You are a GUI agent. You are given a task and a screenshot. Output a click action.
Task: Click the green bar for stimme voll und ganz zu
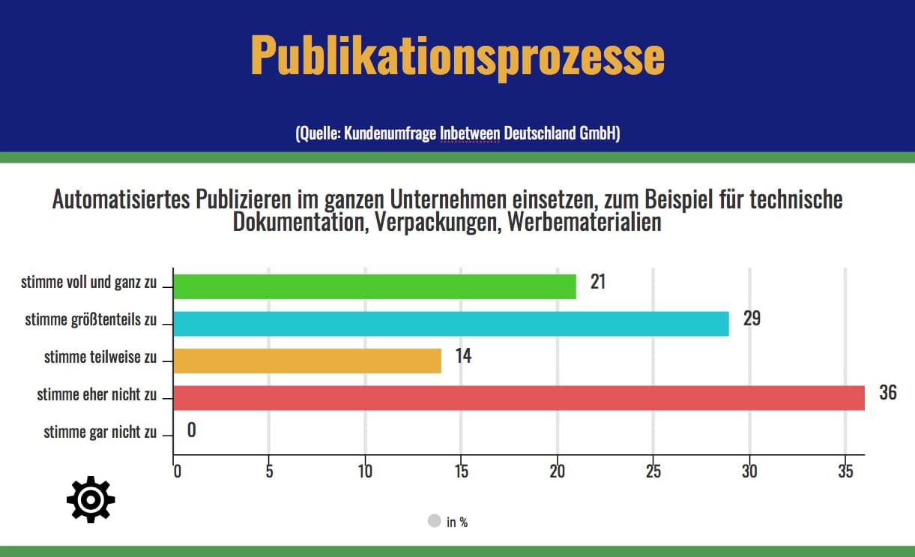[375, 286]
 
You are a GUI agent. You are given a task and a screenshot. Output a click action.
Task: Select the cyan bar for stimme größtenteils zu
[450, 323]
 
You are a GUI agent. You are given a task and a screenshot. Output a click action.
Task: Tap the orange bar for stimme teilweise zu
[307, 361]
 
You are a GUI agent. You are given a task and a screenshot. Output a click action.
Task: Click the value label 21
[597, 282]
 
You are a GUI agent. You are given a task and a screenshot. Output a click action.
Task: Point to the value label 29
[752, 319]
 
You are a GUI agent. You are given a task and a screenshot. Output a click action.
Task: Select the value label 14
[463, 355]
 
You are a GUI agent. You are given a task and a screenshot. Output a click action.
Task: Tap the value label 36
[887, 392]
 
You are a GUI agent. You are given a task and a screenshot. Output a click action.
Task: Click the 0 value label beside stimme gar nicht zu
[191, 430]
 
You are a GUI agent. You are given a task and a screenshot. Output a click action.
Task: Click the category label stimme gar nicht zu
[100, 432]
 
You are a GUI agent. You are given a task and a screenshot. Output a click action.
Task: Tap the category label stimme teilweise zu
[100, 357]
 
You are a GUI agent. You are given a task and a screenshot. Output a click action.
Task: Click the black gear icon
[91, 499]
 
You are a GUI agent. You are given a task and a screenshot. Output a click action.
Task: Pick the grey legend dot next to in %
[434, 520]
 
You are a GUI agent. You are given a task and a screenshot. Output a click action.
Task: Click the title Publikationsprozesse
[457, 55]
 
